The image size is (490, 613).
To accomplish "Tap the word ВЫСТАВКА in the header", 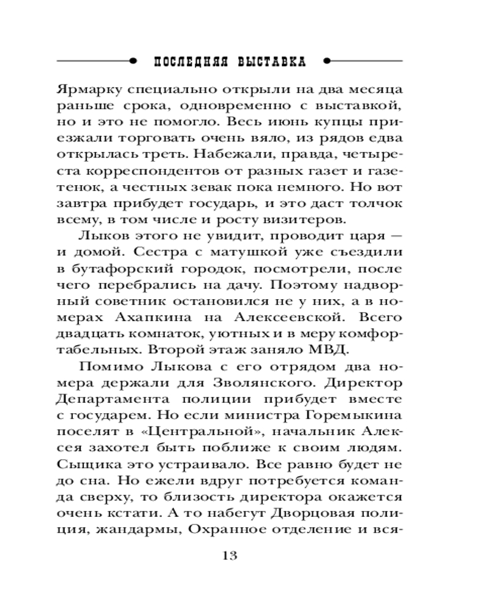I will (x=269, y=63).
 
